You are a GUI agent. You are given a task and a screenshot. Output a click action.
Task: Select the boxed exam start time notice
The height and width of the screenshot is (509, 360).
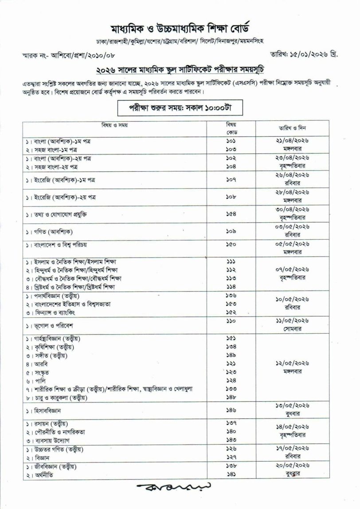[x=180, y=108]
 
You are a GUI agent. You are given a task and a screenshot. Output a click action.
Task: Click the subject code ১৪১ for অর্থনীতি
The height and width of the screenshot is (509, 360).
[x=231, y=474]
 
